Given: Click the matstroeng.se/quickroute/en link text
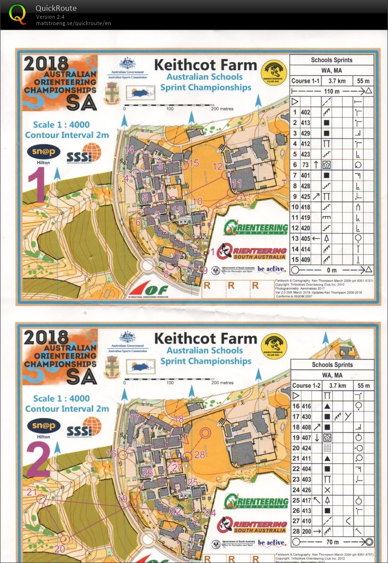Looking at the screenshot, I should coord(73,23).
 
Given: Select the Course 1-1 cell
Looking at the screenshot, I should coord(306,81).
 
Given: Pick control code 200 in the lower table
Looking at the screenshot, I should coord(306,532).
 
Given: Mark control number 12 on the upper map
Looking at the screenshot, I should coord(218,166).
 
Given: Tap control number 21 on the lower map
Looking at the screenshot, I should coord(32,492).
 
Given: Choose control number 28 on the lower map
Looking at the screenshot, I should coord(199,454).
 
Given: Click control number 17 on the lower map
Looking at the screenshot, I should coord(134,418).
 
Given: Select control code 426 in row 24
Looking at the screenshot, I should coord(306,490).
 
